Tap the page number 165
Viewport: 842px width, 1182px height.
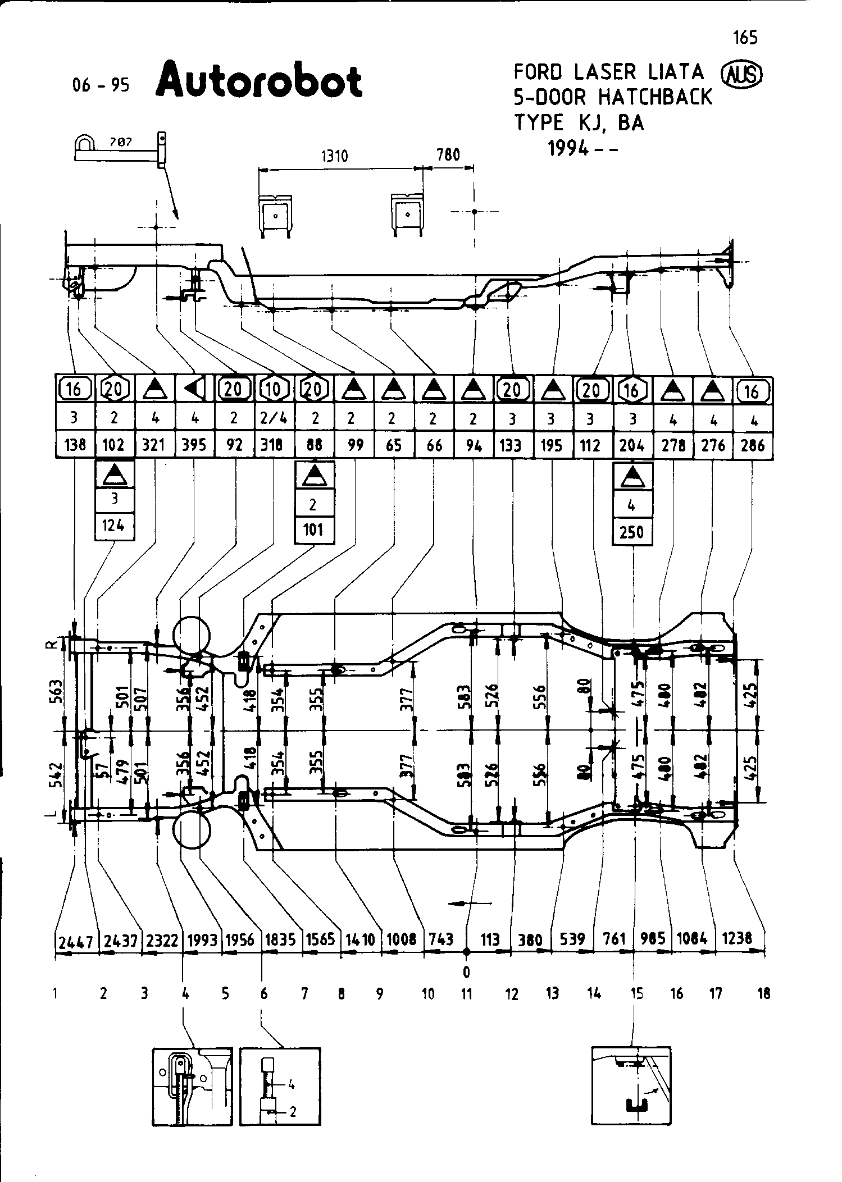[x=745, y=38]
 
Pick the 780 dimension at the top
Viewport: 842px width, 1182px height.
[x=448, y=154]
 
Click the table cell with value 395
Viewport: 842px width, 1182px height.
[x=194, y=445]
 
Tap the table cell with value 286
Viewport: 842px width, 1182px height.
[x=752, y=445]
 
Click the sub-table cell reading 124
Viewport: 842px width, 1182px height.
[x=114, y=526]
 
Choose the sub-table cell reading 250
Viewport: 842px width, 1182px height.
[x=631, y=531]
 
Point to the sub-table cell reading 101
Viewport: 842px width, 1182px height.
[x=313, y=530]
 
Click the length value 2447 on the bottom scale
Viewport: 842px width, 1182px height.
[x=76, y=942]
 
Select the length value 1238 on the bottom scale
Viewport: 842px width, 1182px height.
[x=736, y=938]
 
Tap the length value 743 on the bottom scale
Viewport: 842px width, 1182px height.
[x=440, y=939]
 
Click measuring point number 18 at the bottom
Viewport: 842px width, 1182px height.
[x=763, y=994]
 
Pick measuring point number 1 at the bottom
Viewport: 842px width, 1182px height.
[x=55, y=994]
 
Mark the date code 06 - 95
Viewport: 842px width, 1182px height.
[x=101, y=85]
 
